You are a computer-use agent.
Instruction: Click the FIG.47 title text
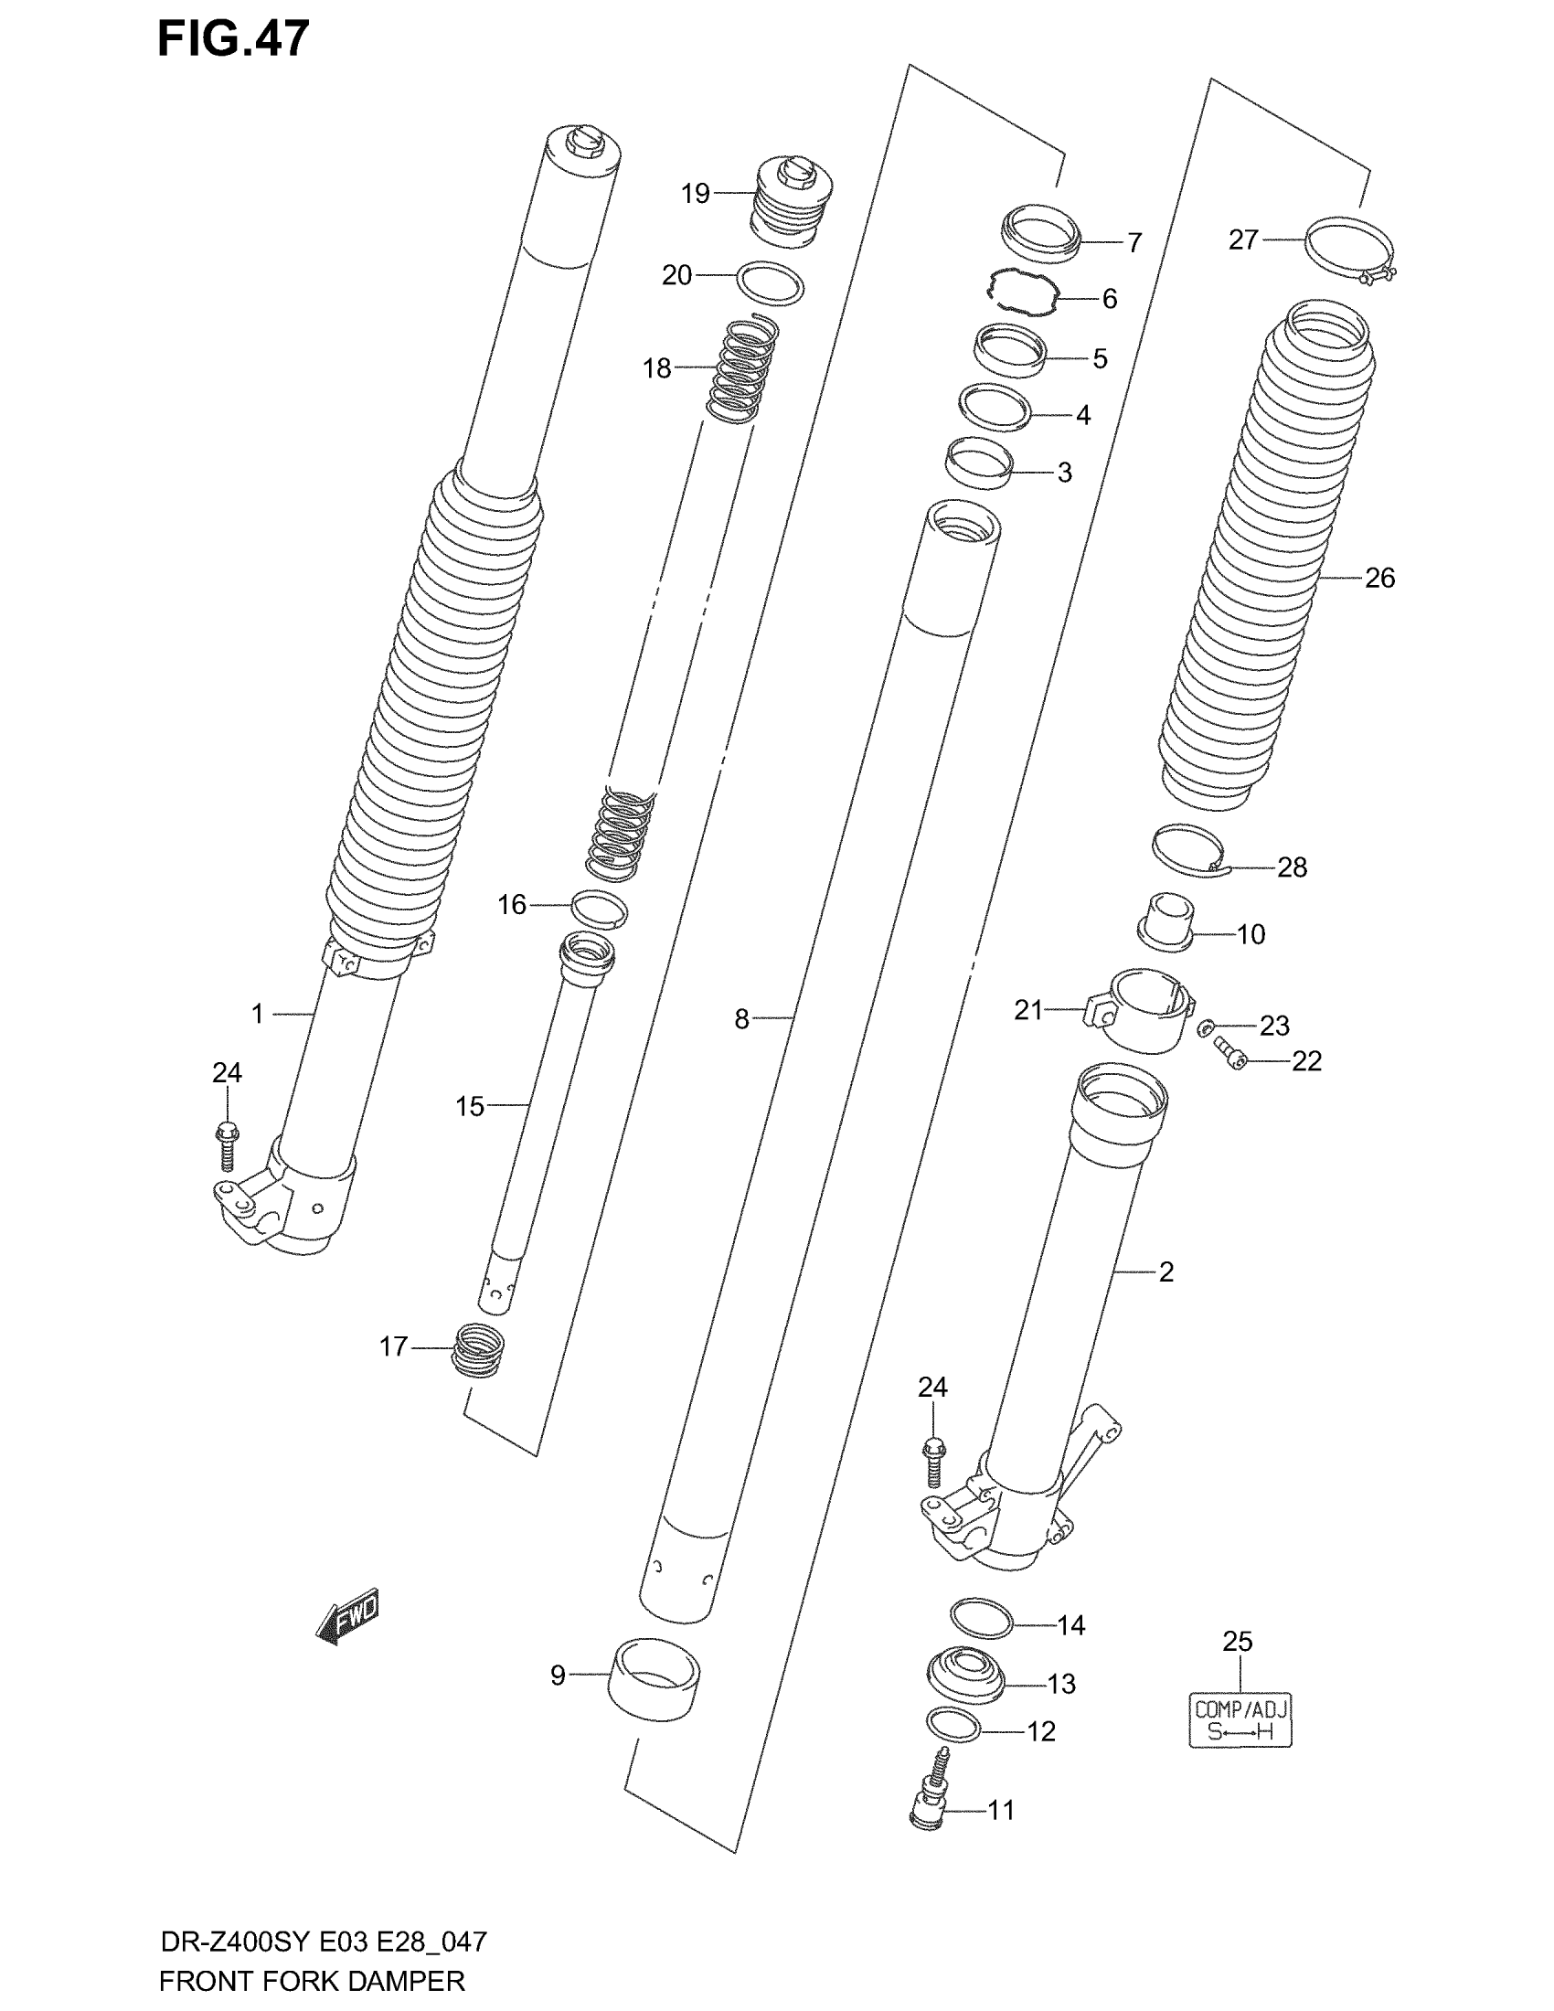point(233,38)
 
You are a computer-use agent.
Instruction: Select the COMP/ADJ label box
point(1240,1719)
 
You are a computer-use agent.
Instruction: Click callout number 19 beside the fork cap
point(695,194)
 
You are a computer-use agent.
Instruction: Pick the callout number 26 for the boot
point(1379,579)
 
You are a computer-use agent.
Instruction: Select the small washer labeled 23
point(1207,1026)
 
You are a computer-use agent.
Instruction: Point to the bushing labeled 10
point(1165,920)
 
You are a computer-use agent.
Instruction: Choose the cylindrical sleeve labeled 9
point(654,1677)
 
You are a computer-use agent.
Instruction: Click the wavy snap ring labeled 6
point(1021,293)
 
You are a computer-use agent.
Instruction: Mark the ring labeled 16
point(600,909)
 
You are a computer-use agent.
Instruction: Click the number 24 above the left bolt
point(227,1073)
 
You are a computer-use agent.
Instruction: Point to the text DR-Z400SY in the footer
point(237,1942)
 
